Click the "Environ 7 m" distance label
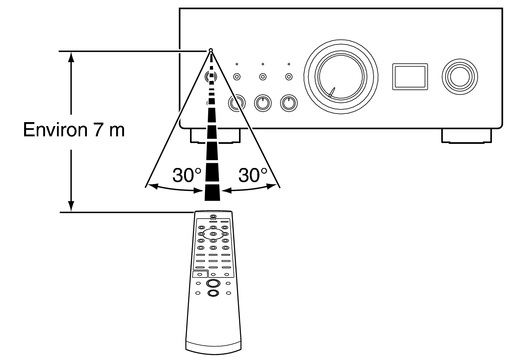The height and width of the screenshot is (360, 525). point(73,129)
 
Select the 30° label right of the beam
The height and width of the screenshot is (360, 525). point(253,175)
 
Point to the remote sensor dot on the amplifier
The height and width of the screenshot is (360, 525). point(211,50)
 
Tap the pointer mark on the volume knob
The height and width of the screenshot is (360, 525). point(331,92)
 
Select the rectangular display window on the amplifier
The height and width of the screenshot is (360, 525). point(409,76)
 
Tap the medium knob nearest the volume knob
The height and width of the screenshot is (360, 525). point(289,104)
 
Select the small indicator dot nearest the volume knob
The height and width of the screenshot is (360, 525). point(289,64)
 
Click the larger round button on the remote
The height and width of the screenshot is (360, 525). point(213,283)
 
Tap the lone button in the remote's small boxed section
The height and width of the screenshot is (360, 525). point(200,274)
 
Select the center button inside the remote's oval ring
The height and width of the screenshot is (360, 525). point(213,234)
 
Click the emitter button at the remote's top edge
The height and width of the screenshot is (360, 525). point(213,217)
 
